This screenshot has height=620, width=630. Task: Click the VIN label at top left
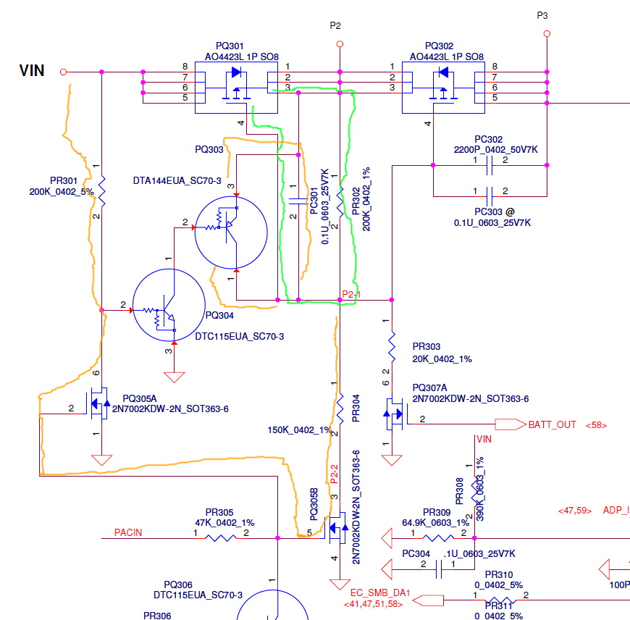click(31, 70)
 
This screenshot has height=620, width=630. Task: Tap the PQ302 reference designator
click(440, 45)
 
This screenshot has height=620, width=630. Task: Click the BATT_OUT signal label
click(553, 424)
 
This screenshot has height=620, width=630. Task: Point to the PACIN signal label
click(128, 532)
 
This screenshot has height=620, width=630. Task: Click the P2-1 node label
click(351, 294)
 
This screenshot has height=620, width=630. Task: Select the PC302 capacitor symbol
click(490, 165)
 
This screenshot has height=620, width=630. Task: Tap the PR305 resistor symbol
click(221, 538)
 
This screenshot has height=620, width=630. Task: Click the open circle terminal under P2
click(339, 43)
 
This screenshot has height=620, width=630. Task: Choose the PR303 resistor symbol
click(392, 347)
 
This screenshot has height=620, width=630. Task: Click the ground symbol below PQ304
click(174, 377)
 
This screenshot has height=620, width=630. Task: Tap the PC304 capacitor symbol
click(439, 570)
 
